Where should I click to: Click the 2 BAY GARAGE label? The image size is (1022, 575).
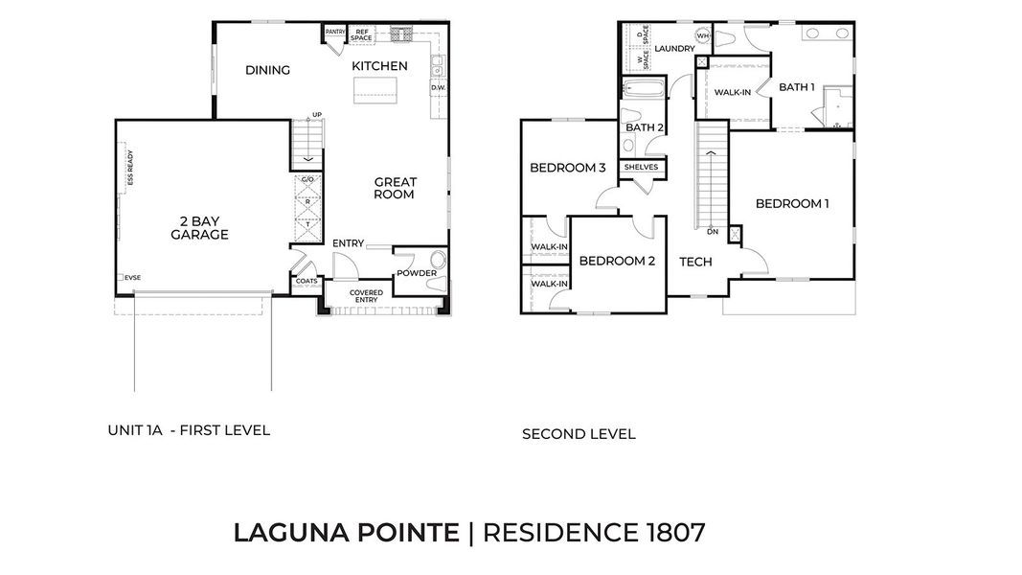point(199,227)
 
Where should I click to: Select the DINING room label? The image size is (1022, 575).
point(267,70)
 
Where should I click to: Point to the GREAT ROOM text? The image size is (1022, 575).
point(395,188)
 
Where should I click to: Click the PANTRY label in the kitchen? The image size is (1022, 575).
point(335,32)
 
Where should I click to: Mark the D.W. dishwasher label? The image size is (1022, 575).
point(439,88)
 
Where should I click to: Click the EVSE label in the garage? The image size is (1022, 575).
point(132,278)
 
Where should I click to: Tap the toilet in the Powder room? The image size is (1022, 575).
point(439,260)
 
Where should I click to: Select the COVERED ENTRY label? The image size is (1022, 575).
point(366,296)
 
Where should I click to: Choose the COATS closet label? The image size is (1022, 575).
point(307,281)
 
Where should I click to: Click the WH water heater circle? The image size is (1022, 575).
point(702,36)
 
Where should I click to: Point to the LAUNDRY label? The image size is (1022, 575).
point(674,49)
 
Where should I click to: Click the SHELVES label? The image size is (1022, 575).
point(642,167)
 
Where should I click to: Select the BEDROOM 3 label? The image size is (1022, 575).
point(568,168)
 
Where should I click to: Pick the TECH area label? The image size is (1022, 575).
point(695,262)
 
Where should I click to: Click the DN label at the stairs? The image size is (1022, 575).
point(712,232)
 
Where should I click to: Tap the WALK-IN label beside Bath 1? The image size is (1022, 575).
point(733,92)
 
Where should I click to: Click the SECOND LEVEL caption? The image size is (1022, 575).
point(579,434)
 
